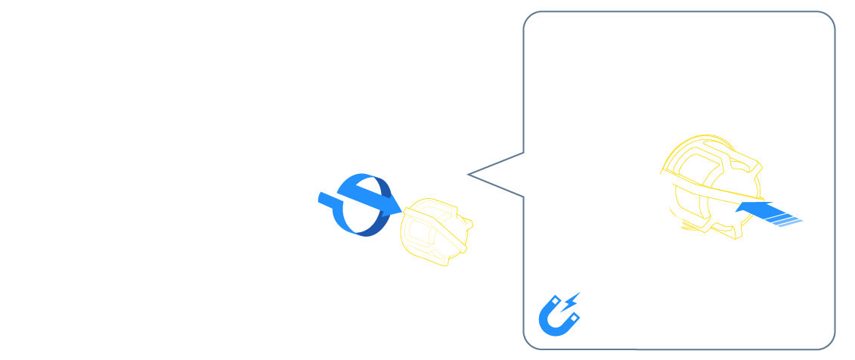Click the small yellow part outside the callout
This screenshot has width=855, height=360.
click(x=435, y=231)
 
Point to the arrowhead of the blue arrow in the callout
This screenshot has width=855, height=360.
click(x=748, y=206)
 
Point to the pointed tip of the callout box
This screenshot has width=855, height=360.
click(x=469, y=175)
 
